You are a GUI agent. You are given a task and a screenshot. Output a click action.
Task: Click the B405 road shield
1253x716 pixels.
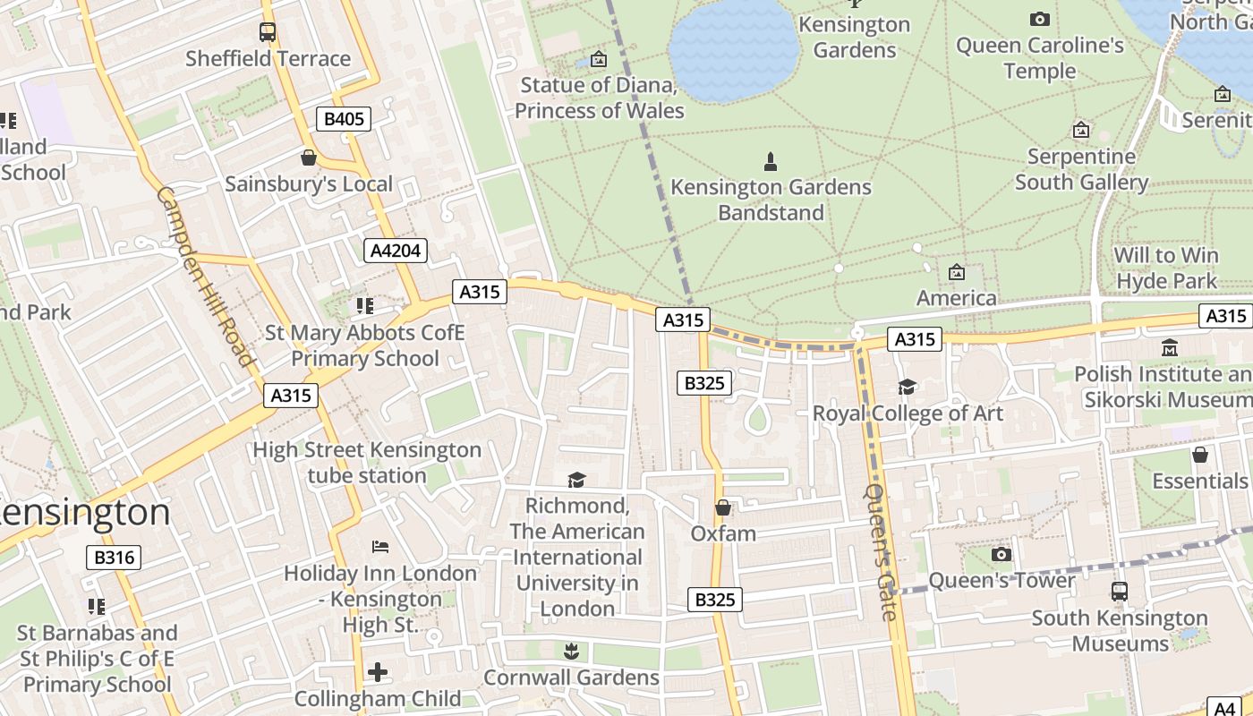tap(344, 119)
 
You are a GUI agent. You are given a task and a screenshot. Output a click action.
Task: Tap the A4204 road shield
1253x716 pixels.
tap(396, 251)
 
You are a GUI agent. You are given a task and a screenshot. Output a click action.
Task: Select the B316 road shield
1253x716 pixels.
tap(115, 558)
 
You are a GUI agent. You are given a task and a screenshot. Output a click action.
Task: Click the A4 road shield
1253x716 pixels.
tap(1223, 707)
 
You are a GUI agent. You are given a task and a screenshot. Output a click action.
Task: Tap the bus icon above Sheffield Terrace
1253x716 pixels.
tap(268, 32)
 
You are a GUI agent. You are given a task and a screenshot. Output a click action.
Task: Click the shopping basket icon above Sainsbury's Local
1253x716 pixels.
tap(309, 158)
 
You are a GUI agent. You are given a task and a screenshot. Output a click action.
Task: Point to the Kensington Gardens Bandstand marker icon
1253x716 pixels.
tap(771, 162)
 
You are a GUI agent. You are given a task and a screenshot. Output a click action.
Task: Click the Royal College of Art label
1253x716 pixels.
tap(908, 413)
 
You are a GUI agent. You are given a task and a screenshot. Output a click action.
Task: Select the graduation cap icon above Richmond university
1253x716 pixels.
tap(576, 481)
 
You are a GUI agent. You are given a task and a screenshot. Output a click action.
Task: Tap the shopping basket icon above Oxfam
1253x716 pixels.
tap(723, 508)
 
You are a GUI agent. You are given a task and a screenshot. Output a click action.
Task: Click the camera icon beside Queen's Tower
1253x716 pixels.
tap(1002, 555)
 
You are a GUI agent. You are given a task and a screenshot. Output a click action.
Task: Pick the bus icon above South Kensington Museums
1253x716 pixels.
tap(1120, 591)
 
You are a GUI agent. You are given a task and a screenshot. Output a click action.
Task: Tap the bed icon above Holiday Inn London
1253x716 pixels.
tap(380, 547)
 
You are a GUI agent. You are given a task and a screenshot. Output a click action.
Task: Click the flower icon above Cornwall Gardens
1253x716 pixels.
tap(571, 651)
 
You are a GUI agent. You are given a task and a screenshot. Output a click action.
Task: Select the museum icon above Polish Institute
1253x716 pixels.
tap(1169, 347)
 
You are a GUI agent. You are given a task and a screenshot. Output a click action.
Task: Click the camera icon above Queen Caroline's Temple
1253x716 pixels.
tap(1039, 19)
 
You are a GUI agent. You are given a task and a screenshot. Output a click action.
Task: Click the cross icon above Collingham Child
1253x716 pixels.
tap(378, 671)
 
